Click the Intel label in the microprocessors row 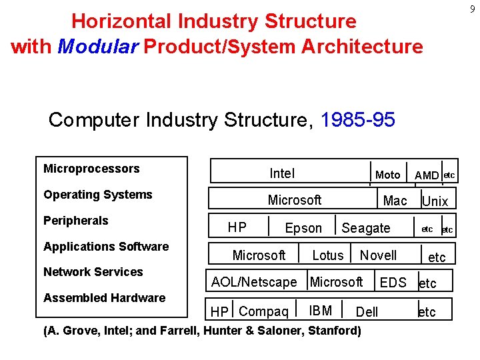[282, 173]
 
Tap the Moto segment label [387, 175]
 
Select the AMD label [427, 175]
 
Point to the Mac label [395, 200]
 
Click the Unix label [435, 201]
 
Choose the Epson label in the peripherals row [303, 228]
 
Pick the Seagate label [366, 228]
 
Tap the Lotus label [328, 255]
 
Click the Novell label [378, 255]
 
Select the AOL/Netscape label [254, 282]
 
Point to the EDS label [393, 283]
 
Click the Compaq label [263, 311]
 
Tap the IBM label [321, 310]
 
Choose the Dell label [367, 312]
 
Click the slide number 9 [471, 10]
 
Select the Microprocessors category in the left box [91, 169]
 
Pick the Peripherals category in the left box [75, 221]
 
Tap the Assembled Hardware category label [104, 298]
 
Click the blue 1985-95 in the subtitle [358, 120]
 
